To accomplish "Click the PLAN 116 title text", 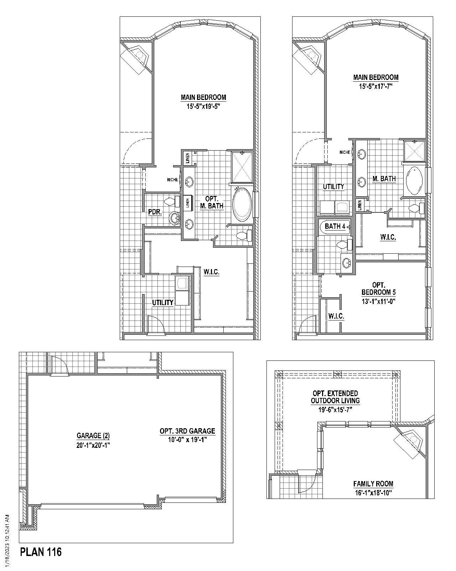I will pyautogui.click(x=41, y=552).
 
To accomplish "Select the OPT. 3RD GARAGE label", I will pyautogui.click(x=187, y=431).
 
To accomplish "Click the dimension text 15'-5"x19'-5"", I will pyautogui.click(x=203, y=106).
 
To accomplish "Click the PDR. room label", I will pyautogui.click(x=155, y=212).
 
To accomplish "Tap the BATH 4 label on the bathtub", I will pyautogui.click(x=335, y=226).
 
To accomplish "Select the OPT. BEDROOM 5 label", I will pyautogui.click(x=378, y=288).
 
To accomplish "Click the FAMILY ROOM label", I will pyautogui.click(x=373, y=484).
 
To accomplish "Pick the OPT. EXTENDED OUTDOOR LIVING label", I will pyautogui.click(x=335, y=397).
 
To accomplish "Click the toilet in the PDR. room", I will pyautogui.click(x=173, y=201).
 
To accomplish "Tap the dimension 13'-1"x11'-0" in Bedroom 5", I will pyautogui.click(x=378, y=301).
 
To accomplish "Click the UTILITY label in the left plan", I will pyautogui.click(x=163, y=303).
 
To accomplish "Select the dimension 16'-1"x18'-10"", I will pyautogui.click(x=373, y=493).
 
